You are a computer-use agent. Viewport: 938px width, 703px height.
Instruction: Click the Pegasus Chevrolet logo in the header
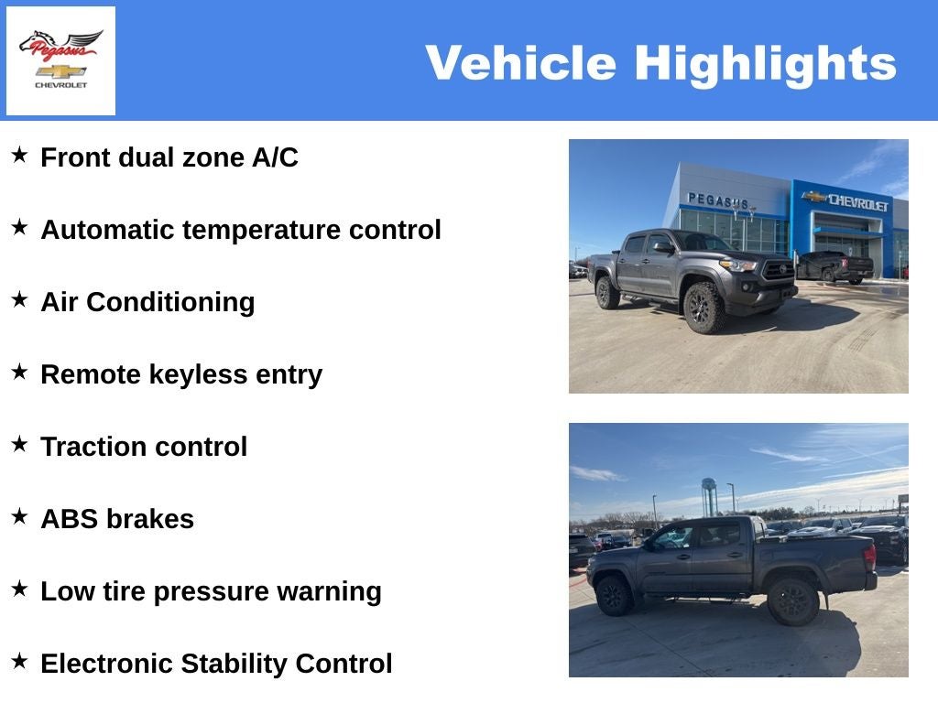point(60,60)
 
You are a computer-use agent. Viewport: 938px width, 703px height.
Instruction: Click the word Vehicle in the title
point(520,63)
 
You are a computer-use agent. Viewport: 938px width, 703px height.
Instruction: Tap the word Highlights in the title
point(765,63)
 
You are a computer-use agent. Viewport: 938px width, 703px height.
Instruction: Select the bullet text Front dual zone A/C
point(169,157)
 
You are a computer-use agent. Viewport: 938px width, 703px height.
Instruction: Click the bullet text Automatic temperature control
point(241,230)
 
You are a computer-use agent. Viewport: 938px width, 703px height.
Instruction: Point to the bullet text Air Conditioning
point(147,302)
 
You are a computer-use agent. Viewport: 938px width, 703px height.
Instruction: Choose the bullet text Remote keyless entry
point(181,374)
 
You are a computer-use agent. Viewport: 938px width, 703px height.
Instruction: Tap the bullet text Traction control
point(144,447)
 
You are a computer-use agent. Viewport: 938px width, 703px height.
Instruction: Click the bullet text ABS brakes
point(117,519)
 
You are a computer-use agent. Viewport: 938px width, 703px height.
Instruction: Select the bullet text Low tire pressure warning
point(211,591)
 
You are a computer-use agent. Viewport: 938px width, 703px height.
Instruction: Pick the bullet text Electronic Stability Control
point(216,664)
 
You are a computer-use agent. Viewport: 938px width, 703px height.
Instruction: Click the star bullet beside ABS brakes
point(19,517)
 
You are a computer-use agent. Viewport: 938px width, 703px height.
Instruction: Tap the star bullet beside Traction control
point(19,445)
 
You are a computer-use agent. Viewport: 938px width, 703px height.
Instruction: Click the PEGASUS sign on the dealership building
point(718,200)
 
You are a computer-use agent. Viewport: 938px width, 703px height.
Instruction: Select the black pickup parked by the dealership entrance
point(834,266)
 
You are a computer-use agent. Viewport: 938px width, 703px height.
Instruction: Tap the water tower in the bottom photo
point(709,494)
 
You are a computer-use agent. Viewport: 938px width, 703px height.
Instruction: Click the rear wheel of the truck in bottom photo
point(792,600)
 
